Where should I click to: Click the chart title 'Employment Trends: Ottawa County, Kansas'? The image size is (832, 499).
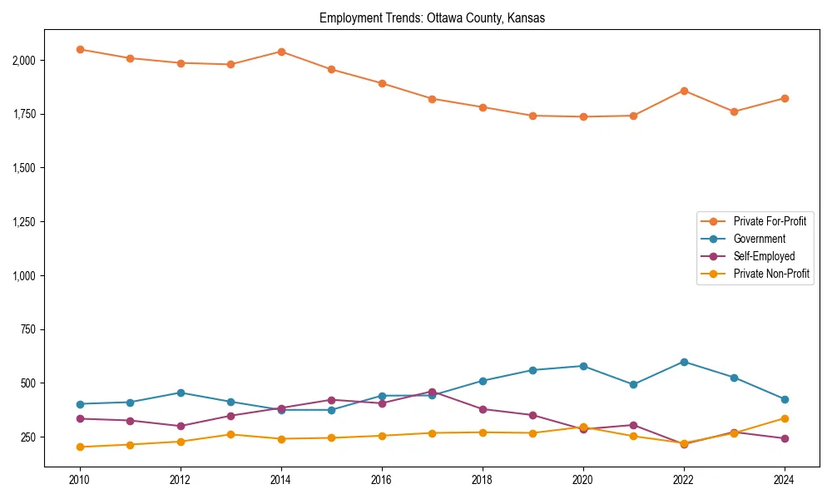(x=432, y=18)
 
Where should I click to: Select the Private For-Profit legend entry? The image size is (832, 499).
(x=770, y=221)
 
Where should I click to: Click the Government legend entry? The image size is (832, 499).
(x=759, y=239)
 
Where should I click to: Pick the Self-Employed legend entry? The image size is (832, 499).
(x=764, y=256)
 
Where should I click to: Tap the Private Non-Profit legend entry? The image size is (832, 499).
(x=771, y=274)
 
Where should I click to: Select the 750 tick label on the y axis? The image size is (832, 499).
(x=28, y=329)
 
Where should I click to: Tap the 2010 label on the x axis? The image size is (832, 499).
(x=80, y=480)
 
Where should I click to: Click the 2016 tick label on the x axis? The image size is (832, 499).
(x=382, y=480)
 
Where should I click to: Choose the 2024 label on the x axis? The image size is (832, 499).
(x=784, y=480)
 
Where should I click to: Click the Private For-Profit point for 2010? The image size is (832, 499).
(x=80, y=49)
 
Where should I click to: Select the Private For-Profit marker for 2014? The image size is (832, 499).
(x=281, y=52)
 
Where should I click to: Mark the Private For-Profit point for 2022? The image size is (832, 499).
(x=684, y=91)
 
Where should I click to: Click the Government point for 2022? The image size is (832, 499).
(x=684, y=362)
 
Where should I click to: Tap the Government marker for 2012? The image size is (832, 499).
(x=181, y=393)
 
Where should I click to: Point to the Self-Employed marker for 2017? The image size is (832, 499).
(x=432, y=392)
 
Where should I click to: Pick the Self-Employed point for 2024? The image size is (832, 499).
(x=784, y=438)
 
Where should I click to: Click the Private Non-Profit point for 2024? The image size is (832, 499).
(x=784, y=418)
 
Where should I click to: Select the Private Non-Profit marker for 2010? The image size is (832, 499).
(x=80, y=447)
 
